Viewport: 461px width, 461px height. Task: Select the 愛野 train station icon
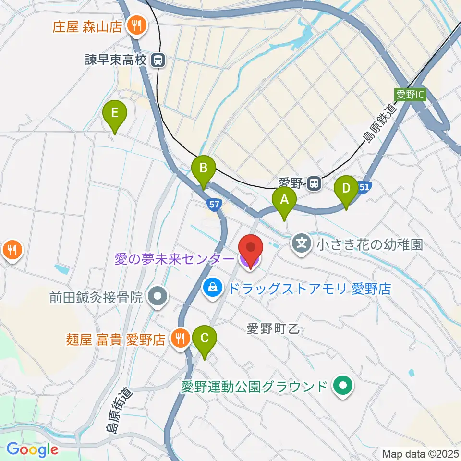coord(315,183)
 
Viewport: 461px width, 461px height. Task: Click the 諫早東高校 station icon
coord(157,61)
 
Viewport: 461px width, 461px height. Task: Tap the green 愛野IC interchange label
coord(410,95)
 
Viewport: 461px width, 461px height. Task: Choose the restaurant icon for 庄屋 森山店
coord(136,26)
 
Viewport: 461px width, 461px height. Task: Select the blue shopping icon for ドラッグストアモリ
coord(212,288)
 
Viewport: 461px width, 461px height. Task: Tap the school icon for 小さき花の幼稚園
coord(302,244)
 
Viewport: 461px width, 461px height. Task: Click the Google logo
coord(33,449)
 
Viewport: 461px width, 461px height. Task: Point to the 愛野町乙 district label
coord(273,329)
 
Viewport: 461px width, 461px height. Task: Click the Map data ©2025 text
coord(421,453)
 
